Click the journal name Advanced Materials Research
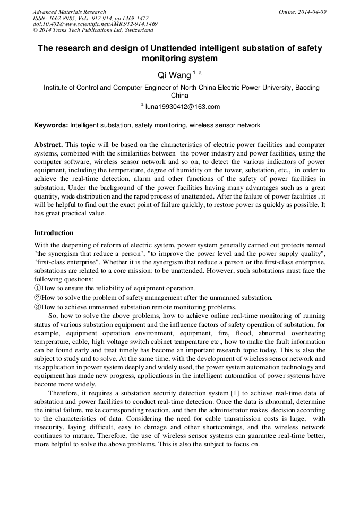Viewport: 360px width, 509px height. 69,12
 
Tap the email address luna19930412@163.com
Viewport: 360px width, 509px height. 182,107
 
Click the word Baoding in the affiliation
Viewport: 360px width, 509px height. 307,88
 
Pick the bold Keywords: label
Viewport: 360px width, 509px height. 51,126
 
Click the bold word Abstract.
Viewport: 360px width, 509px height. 48,145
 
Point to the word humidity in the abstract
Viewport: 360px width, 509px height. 200,170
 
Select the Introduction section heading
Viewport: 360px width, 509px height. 54,233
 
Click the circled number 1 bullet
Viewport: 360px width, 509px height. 37,288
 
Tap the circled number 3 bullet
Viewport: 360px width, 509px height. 37,307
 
